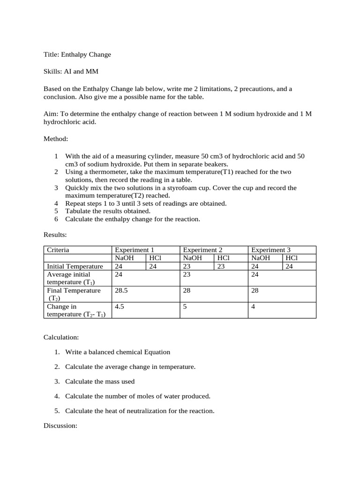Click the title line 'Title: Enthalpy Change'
(x=77, y=54)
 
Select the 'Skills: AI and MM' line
(x=71, y=71)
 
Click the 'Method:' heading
(x=56, y=139)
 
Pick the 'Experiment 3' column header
(x=271, y=250)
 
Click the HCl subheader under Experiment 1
(x=155, y=258)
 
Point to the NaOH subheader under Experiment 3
(x=261, y=258)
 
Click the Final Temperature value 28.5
(x=122, y=291)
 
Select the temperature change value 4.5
(x=120, y=307)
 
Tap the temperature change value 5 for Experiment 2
(x=185, y=307)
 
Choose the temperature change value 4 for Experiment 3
(x=254, y=307)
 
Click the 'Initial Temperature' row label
(x=75, y=266)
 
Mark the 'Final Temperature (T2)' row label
(x=74, y=294)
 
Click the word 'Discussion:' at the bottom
(x=60, y=426)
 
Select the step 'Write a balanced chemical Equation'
(x=118, y=352)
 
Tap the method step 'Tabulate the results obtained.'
(x=108, y=211)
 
